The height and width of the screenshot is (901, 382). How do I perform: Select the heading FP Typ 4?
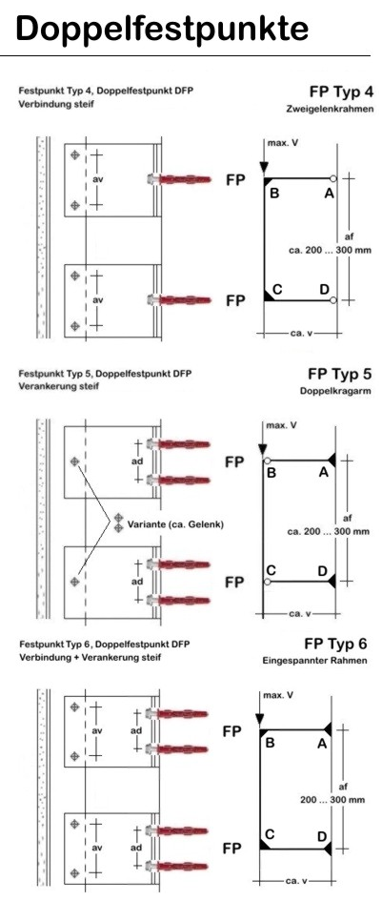click(341, 92)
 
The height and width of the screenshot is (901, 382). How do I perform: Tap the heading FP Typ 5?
click(340, 375)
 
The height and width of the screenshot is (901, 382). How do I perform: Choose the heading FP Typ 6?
click(335, 643)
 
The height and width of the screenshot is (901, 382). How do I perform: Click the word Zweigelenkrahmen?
click(330, 110)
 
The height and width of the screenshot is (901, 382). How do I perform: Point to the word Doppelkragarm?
click(336, 391)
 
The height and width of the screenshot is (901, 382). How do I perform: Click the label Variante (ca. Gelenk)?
click(175, 524)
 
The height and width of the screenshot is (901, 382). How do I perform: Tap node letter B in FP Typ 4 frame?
click(274, 194)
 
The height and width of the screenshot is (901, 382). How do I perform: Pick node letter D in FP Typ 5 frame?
click(322, 571)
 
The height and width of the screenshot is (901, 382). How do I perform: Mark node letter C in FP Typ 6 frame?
click(269, 834)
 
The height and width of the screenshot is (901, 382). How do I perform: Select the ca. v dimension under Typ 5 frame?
click(300, 614)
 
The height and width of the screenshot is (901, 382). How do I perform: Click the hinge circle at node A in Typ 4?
click(332, 178)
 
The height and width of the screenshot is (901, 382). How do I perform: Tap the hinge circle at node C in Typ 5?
click(267, 583)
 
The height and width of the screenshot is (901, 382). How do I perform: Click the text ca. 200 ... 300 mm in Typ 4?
click(330, 250)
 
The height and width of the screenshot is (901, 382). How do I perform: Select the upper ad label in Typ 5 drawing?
click(137, 461)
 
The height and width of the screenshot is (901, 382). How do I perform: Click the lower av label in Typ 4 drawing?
click(98, 300)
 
